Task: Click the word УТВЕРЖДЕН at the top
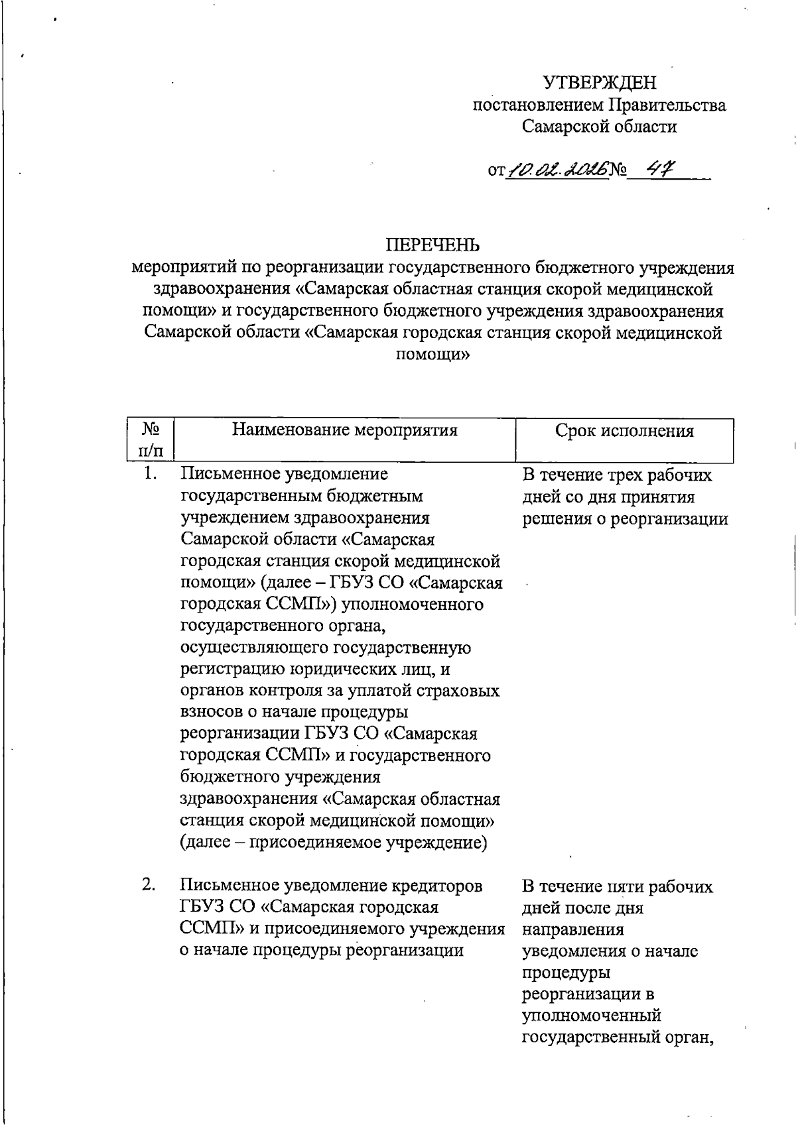coord(600,83)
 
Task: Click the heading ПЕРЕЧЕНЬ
coord(432,246)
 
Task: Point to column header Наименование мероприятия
coord(345,430)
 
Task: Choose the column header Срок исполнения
coord(624,431)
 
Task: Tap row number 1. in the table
coord(151,474)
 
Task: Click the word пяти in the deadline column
coord(624,886)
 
